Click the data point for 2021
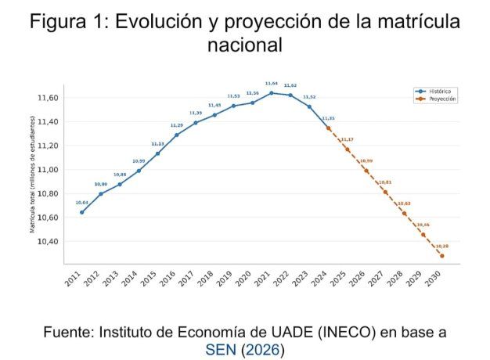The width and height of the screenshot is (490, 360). (272, 93)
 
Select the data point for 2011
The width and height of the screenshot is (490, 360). (81, 212)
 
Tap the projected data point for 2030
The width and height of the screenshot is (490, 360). (442, 255)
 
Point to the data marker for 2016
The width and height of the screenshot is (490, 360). (176, 135)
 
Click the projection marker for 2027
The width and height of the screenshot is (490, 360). (385, 192)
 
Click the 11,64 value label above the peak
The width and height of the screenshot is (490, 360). (272, 83)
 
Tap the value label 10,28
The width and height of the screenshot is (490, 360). (442, 246)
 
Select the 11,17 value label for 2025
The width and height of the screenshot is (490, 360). (347, 139)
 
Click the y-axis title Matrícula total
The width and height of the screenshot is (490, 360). (33, 175)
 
